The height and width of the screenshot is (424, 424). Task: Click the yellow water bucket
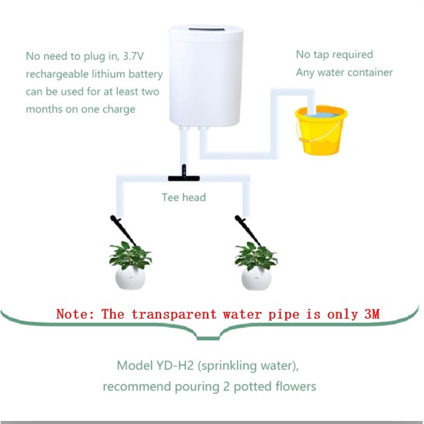tap(321, 130)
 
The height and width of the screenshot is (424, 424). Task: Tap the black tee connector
tap(181, 177)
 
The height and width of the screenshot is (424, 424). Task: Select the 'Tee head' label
tap(184, 197)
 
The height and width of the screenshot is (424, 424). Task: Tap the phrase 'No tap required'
tap(334, 55)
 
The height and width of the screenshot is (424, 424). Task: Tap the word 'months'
tap(46, 109)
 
